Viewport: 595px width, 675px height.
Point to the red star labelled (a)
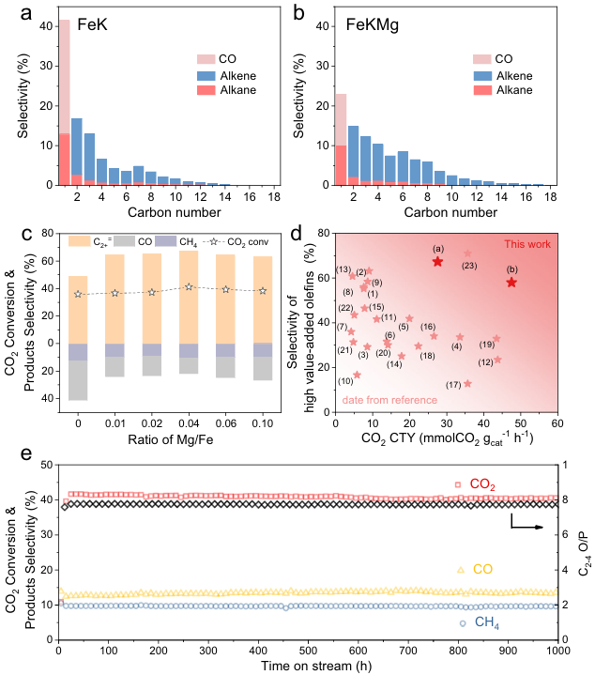pos(437,261)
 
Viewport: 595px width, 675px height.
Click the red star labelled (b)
pos(511,283)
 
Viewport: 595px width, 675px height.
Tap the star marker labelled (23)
pos(467,253)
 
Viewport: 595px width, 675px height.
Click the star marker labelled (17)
pos(467,383)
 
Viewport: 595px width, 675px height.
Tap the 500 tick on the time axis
pos(308,649)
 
